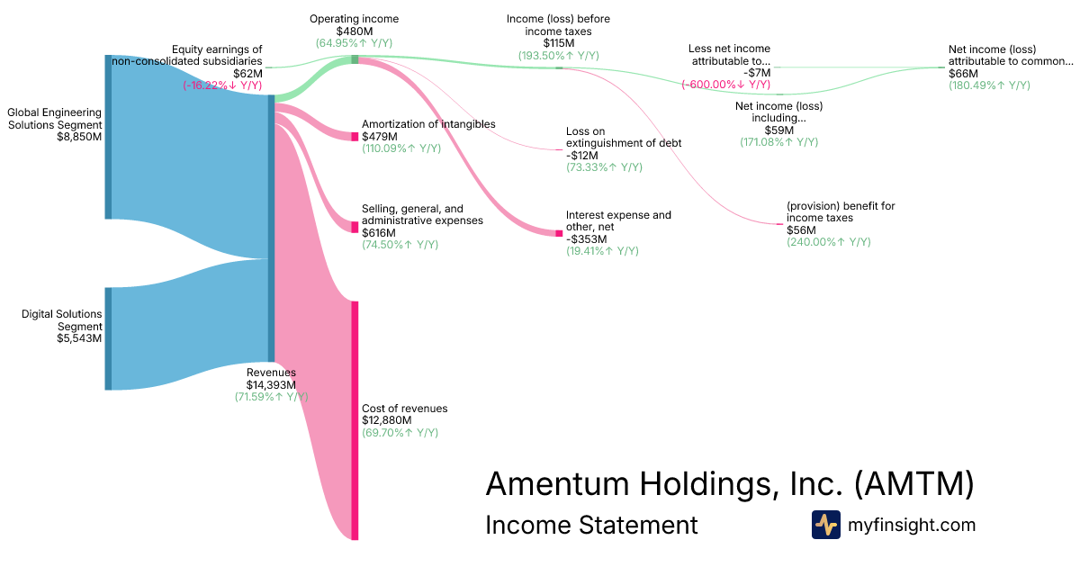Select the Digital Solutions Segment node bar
[108, 338]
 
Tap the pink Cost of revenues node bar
[355, 420]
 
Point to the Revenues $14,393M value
[271, 384]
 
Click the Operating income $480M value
[354, 31]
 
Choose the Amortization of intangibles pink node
[355, 136]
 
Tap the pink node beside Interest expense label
[559, 233]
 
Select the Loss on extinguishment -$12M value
[582, 155]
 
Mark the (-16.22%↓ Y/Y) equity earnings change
[222, 85]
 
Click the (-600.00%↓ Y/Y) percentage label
[725, 85]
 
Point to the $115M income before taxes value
[559, 43]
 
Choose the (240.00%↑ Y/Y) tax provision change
[829, 242]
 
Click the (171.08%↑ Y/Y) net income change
[778, 142]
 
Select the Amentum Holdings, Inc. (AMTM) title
[729, 484]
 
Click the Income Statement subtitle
[591, 525]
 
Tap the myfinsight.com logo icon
[825, 525]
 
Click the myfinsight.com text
[911, 525]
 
